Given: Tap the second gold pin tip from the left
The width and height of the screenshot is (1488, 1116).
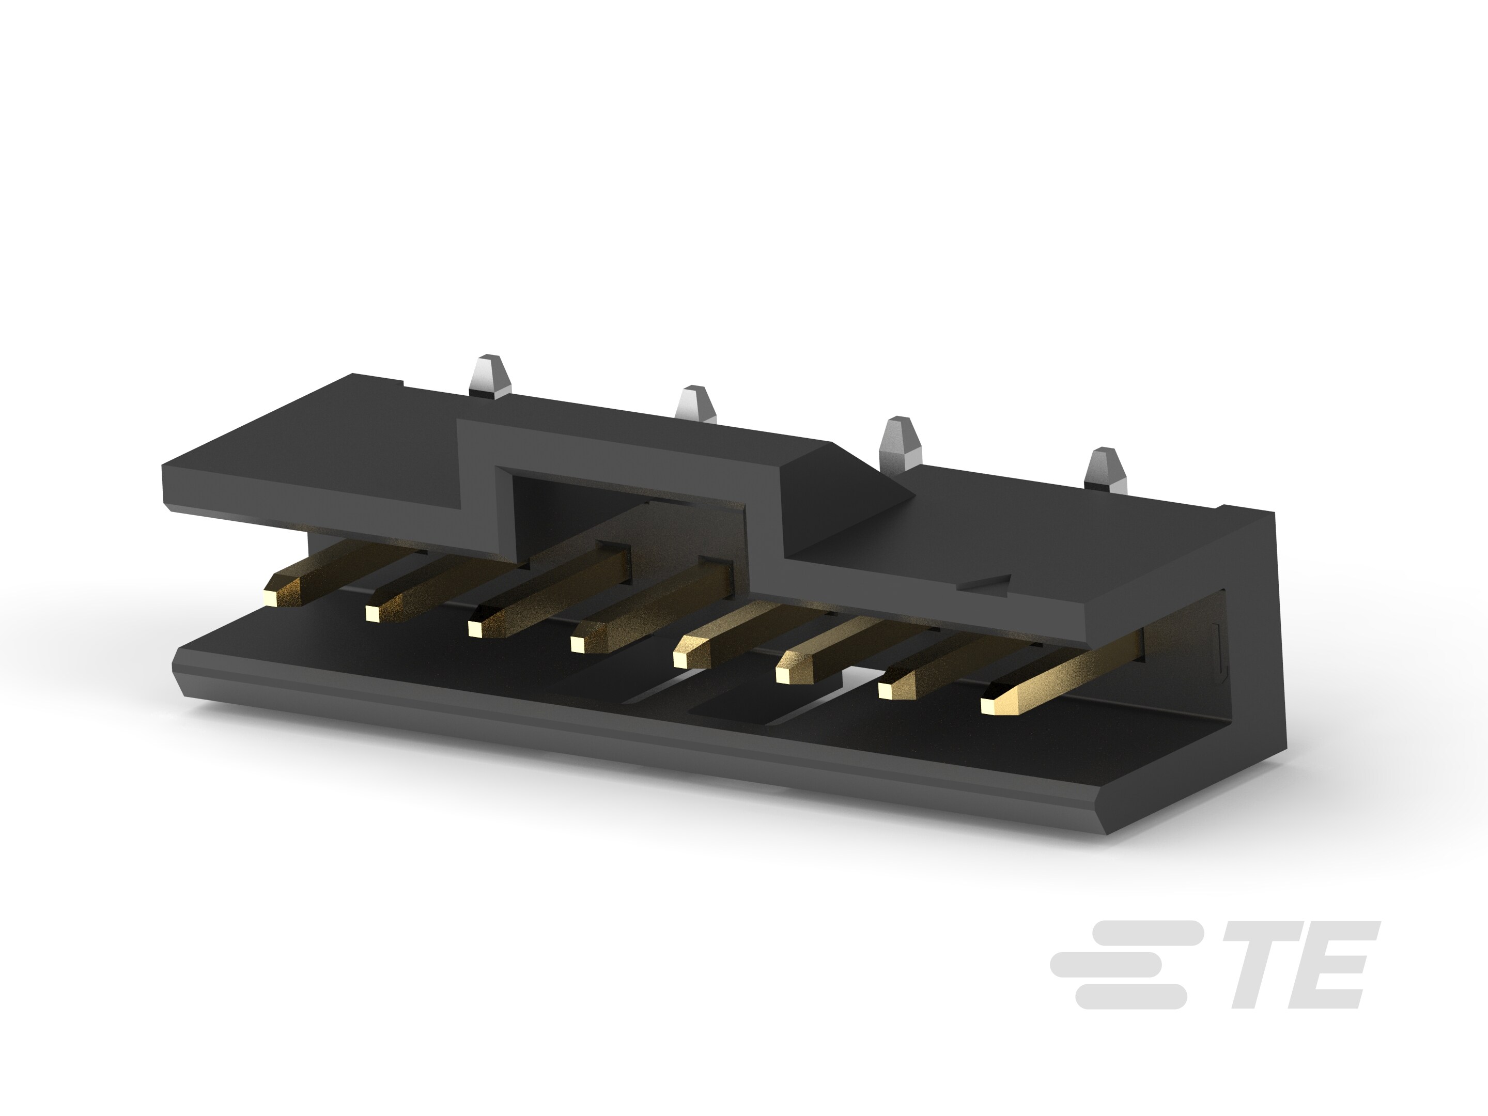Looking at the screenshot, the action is pyautogui.click(x=371, y=612).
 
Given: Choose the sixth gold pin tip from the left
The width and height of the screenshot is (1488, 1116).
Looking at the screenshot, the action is pyautogui.click(x=782, y=674).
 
